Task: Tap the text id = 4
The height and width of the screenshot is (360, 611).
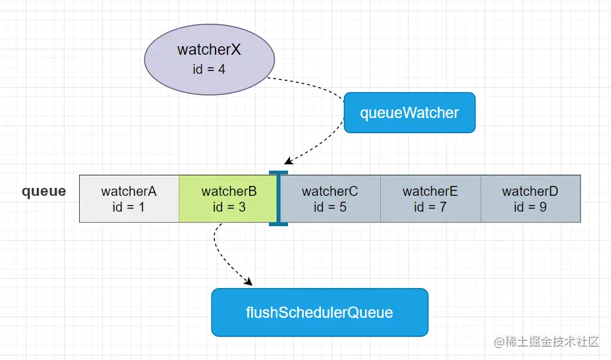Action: [209, 69]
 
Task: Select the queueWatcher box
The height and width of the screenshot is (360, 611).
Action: [409, 113]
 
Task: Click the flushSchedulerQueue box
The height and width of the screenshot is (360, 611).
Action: [319, 312]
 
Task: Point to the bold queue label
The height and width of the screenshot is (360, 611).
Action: [44, 191]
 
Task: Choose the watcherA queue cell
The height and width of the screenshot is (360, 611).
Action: [129, 198]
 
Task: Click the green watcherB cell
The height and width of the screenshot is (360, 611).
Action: [229, 198]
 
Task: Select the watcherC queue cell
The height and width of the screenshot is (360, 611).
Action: [330, 198]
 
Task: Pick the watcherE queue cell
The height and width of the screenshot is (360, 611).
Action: [430, 198]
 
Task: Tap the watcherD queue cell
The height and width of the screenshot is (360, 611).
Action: [530, 198]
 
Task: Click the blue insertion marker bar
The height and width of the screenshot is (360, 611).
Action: [278, 198]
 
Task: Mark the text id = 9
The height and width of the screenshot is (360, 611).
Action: [530, 207]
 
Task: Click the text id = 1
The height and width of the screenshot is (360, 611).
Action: [129, 207]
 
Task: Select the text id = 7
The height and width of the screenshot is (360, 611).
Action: [430, 207]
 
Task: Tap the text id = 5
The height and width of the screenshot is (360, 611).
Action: [330, 207]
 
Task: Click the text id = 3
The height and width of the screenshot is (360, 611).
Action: [229, 207]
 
